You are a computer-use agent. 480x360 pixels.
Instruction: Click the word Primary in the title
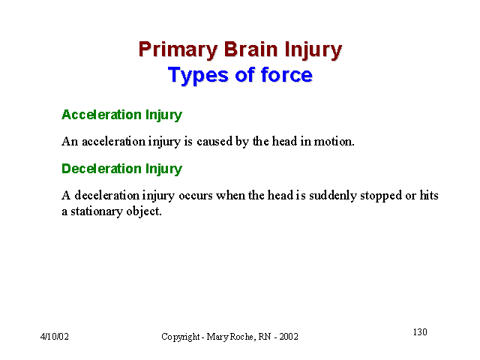[x=178, y=50]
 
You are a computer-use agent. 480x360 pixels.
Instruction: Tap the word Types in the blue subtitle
[x=198, y=76]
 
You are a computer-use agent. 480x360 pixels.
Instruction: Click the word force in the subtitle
[x=286, y=74]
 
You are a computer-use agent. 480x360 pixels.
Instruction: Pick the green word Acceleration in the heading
[x=101, y=115]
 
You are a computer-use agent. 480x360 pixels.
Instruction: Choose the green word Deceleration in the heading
[x=101, y=169]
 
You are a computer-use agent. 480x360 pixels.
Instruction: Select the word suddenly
[x=333, y=196]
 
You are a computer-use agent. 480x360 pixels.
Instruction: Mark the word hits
[x=429, y=195]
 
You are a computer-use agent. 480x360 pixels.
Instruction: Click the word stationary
[x=97, y=211]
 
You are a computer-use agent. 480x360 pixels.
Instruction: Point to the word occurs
[x=196, y=196]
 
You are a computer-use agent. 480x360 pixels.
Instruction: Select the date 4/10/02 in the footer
[x=55, y=337]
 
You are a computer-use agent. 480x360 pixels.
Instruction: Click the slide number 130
[x=420, y=331]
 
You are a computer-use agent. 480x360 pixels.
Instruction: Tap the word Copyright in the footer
[x=181, y=337]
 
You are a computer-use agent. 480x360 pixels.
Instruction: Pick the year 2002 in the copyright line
[x=289, y=337]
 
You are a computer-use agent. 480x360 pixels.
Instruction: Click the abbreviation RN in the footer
[x=265, y=337]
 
